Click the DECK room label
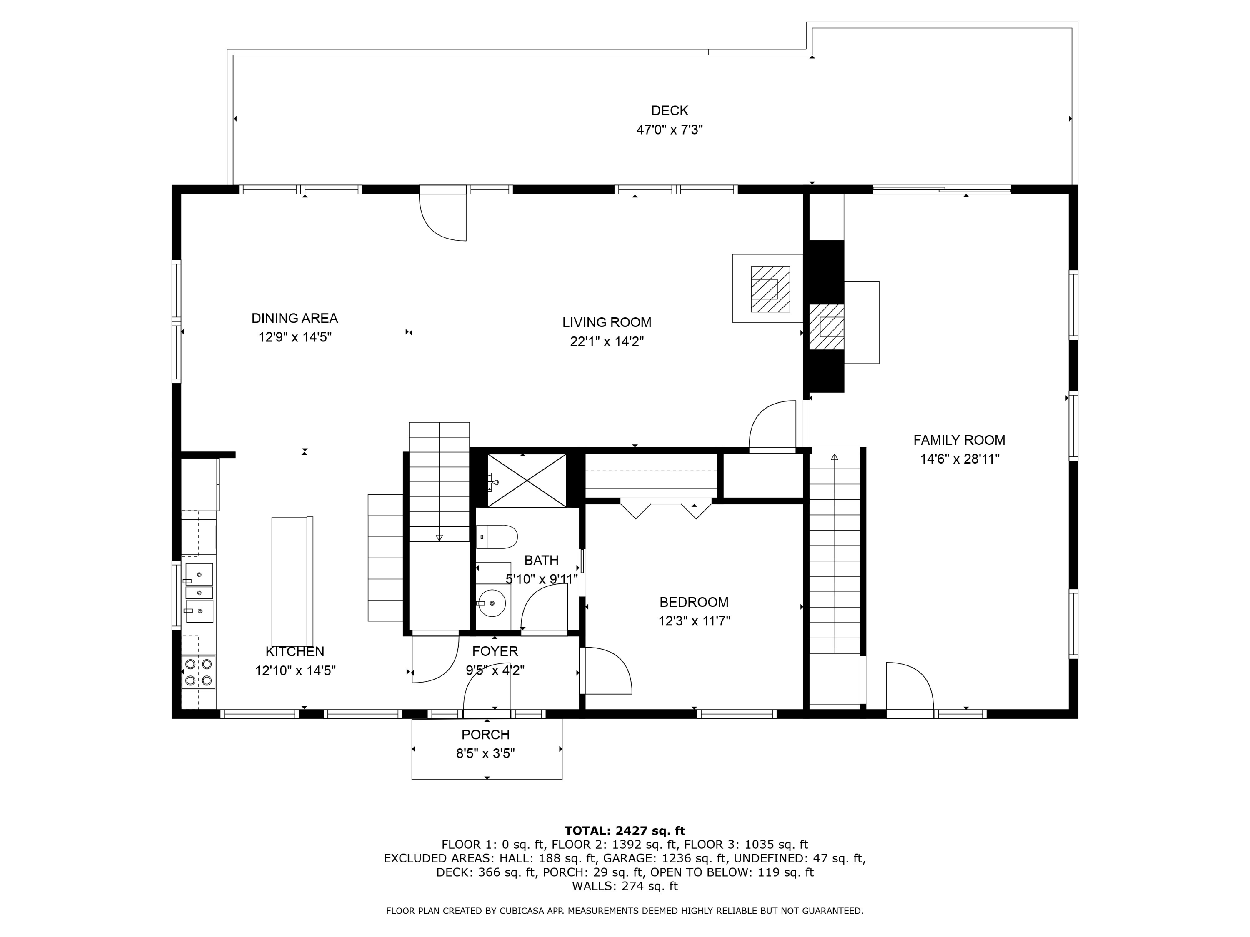pyautogui.click(x=670, y=111)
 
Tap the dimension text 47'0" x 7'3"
pyautogui.click(x=670, y=130)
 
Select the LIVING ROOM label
pyautogui.click(x=607, y=322)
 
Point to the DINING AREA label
pyautogui.click(x=295, y=319)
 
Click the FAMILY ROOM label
pyautogui.click(x=960, y=440)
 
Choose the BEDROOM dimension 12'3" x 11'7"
pyautogui.click(x=695, y=621)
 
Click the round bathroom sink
pyautogui.click(x=492, y=603)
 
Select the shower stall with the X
pyautogui.click(x=527, y=481)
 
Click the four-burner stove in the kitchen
pyautogui.click(x=199, y=672)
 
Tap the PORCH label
pyautogui.click(x=485, y=735)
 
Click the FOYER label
pyautogui.click(x=495, y=651)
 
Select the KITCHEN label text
pyautogui.click(x=295, y=652)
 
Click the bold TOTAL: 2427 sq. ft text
pyautogui.click(x=625, y=831)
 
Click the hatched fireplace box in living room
pyautogui.click(x=770, y=289)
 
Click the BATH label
pyautogui.click(x=541, y=560)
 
